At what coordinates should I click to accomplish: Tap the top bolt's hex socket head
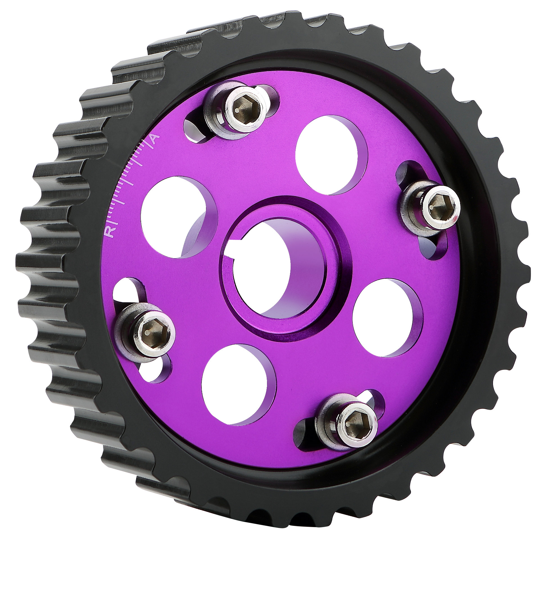(x=244, y=110)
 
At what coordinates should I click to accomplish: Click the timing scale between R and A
(x=128, y=184)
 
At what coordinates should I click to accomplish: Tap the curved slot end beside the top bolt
(x=193, y=131)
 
